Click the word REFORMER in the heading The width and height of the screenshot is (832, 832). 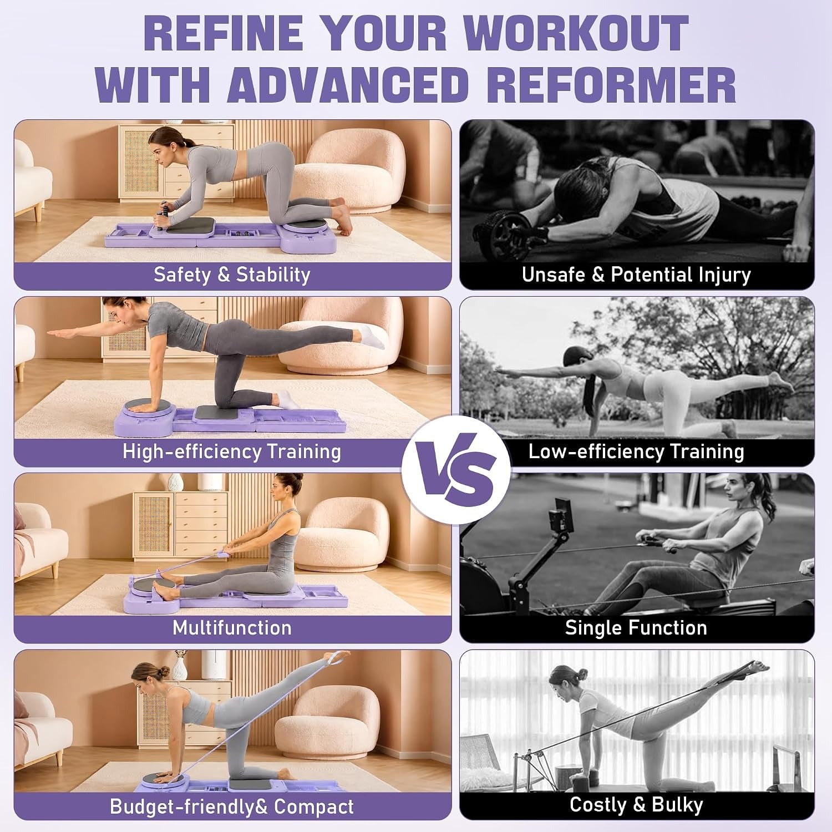point(614,84)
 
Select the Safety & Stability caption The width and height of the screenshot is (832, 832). point(232,275)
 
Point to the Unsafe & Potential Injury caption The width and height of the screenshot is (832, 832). point(636,275)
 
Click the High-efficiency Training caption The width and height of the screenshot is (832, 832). point(232,451)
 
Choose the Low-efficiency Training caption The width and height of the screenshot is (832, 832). point(636,451)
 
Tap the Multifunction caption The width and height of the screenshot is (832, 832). point(232,627)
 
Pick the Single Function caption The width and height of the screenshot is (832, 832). point(636,627)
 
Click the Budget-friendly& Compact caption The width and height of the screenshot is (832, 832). point(232,806)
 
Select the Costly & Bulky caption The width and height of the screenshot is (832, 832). point(636,804)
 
